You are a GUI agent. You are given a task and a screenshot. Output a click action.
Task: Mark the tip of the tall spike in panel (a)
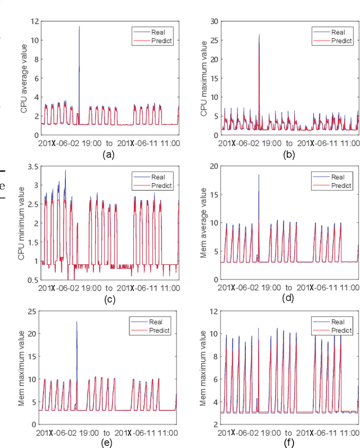pos(79,26)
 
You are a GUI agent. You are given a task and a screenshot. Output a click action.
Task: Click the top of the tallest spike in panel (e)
pos(76,322)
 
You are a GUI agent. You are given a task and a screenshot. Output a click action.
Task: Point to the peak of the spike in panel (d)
pos(259,175)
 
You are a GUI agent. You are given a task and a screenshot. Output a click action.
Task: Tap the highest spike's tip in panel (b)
pos(259,35)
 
